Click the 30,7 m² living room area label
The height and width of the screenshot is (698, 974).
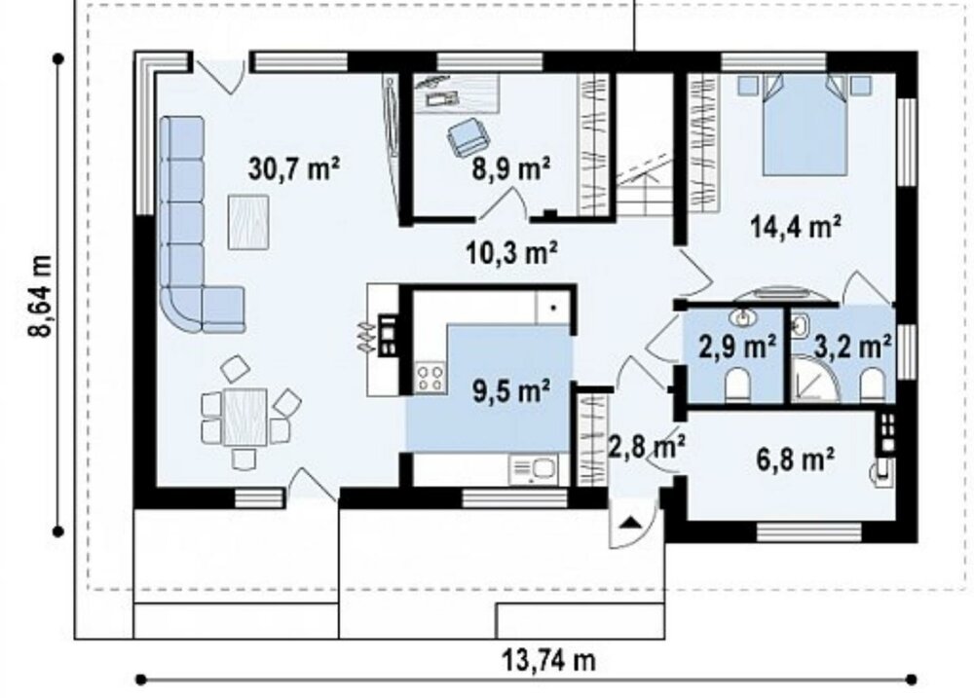coord(293,168)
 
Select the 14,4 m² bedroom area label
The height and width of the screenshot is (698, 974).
coord(796,226)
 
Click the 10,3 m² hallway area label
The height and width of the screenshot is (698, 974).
coord(510,252)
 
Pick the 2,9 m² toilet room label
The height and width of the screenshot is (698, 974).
coord(737,346)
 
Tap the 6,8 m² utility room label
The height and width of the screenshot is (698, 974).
coord(795,459)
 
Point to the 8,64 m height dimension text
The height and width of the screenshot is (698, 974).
coord(40,294)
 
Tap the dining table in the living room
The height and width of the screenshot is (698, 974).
coord(245,417)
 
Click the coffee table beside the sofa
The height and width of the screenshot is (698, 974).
coord(248,222)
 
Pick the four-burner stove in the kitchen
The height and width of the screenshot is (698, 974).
coord(431,378)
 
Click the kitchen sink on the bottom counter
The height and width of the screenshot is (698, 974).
coord(533,470)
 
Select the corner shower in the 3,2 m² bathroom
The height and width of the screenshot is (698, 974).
coord(814,378)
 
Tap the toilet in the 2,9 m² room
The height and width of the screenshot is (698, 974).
coord(738,384)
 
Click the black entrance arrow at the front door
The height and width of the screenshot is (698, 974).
coord(631,521)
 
